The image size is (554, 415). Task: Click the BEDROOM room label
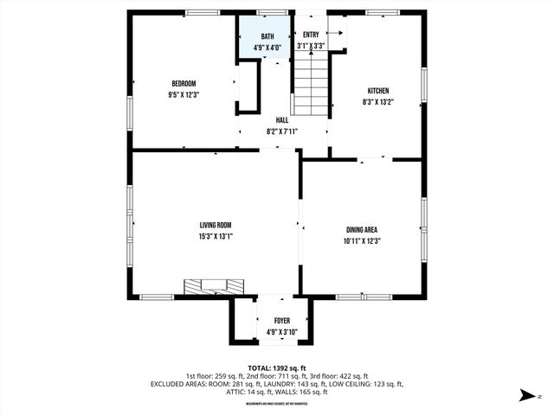click(x=182, y=84)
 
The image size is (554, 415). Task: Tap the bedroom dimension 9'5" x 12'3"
click(x=182, y=94)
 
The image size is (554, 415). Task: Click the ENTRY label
click(x=311, y=35)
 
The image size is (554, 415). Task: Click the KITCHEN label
click(x=378, y=91)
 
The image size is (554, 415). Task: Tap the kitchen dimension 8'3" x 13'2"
click(x=378, y=101)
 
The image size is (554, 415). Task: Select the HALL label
click(x=282, y=120)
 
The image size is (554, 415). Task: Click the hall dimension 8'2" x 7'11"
click(x=282, y=131)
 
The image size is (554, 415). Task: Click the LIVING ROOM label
click(x=216, y=225)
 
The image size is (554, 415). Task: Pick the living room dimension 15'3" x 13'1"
click(x=216, y=236)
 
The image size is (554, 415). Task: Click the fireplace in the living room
click(x=214, y=286)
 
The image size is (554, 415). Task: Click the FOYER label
click(x=282, y=321)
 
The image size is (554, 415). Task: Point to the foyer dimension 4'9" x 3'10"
click(x=282, y=331)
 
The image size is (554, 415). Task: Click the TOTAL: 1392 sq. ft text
click(x=277, y=367)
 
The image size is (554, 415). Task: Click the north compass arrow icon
click(x=527, y=397)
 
